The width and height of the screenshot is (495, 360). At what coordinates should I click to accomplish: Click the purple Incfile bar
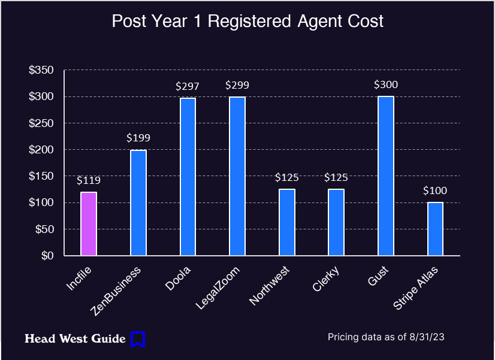[x=89, y=223]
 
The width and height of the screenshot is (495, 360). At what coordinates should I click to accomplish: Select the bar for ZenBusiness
[x=138, y=202]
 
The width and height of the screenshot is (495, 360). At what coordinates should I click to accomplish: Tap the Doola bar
[x=188, y=177]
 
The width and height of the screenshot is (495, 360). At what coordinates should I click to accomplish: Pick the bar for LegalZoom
[x=237, y=176]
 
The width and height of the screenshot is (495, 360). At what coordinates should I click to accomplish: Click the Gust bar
[x=386, y=176]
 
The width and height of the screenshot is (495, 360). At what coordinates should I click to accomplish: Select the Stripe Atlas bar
[x=435, y=229]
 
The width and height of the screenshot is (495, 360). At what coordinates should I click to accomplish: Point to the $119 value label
[x=89, y=180]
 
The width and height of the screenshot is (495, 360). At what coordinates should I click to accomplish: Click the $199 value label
[x=138, y=138]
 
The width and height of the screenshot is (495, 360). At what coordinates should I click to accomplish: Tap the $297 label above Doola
[x=188, y=86]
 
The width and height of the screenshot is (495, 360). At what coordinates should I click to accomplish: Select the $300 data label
[x=386, y=84]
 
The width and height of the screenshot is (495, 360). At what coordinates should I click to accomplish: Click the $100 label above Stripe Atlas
[x=435, y=190]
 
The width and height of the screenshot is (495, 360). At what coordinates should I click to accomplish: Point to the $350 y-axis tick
[x=41, y=70]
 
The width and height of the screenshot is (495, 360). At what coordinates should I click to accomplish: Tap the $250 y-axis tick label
[x=41, y=123]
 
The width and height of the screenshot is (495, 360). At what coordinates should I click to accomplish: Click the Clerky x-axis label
[x=326, y=279]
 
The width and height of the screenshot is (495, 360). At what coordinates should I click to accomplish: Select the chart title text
[x=248, y=22]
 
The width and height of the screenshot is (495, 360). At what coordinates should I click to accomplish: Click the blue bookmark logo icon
[x=138, y=339]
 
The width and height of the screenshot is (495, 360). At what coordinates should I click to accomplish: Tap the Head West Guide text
[x=75, y=339]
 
